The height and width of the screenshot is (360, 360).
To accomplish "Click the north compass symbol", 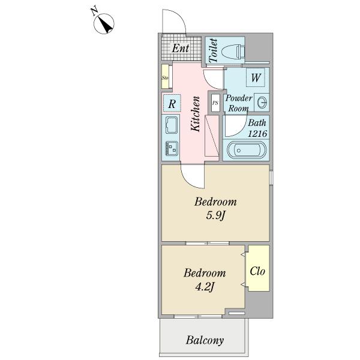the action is coord(104,23).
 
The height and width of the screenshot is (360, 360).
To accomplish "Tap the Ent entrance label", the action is coord(181,48).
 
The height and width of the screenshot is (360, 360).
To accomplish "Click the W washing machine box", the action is coord(256,77).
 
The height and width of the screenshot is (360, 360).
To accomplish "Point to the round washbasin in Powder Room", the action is coord(262,103).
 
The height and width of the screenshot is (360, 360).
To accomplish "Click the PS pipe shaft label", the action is coord(215,103).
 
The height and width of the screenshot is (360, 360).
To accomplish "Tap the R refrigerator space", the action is coord(172,103).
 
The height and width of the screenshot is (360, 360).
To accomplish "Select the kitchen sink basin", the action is coord(171,125).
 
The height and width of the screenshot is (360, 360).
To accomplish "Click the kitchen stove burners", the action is coord(172,148).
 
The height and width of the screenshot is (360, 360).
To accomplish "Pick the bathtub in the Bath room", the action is coord(247,150).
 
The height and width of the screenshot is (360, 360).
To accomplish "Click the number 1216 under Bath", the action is coord(257,134).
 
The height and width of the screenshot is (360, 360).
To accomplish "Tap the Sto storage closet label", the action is coord(165,78).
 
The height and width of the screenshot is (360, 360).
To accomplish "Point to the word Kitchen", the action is coord(196,114).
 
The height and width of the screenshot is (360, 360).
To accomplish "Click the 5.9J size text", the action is coord(215,215).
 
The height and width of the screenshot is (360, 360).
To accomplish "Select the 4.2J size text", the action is coord(205,287).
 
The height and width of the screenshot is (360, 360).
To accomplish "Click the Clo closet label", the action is coord(257,271).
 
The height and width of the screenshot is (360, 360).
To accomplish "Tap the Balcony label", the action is coord(205,340).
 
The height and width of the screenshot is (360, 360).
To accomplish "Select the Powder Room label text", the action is coord(239,103).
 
